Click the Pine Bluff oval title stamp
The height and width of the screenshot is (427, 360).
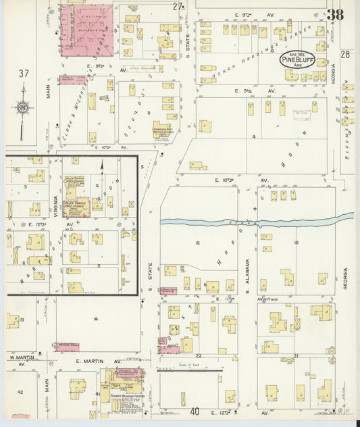297,60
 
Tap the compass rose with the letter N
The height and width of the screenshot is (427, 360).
23,107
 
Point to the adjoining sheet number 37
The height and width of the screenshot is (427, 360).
24,73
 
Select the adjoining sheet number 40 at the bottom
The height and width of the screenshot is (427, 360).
195,411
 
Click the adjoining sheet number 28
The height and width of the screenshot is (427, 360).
346,55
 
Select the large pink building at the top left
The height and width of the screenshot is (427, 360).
87,28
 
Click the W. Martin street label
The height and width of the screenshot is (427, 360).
20,356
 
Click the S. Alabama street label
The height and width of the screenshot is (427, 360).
248,270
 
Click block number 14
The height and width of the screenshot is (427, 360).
96,318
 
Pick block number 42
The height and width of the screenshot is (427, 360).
20,392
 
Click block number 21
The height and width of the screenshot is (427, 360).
295,355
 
